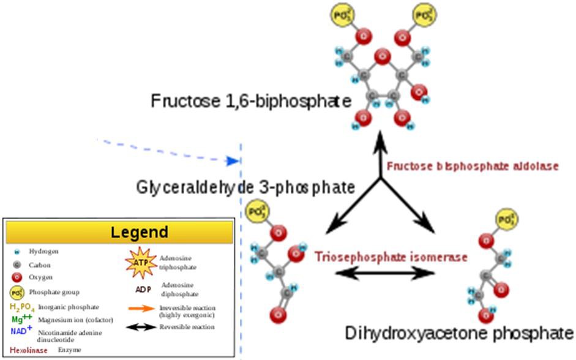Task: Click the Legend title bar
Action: [120, 232]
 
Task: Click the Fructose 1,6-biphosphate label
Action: [251, 100]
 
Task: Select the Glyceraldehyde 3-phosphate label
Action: [245, 186]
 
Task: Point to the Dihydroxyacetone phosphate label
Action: [459, 334]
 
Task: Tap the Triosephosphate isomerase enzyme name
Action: [391, 257]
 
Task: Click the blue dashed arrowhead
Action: [231, 161]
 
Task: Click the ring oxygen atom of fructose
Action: [383, 58]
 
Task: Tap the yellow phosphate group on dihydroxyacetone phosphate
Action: [506, 219]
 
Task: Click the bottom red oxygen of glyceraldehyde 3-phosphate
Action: [279, 316]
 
